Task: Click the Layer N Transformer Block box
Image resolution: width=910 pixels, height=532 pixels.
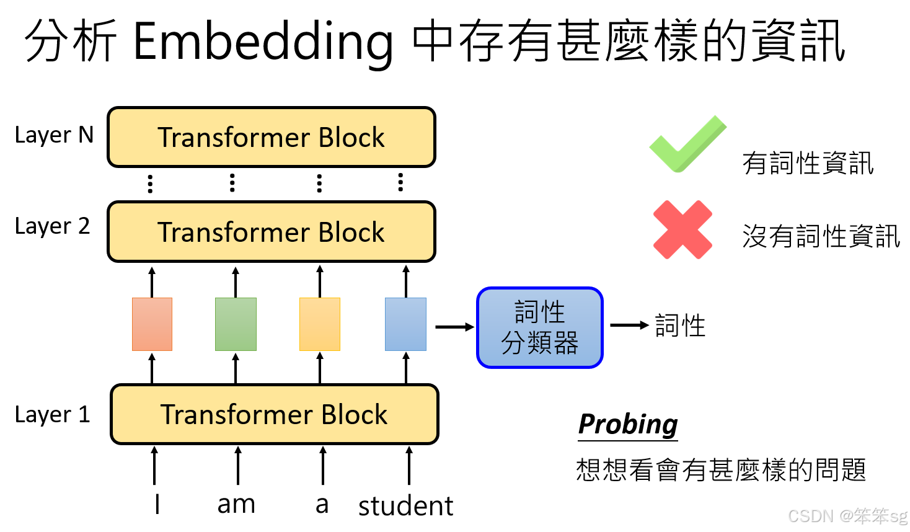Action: pyautogui.click(x=272, y=137)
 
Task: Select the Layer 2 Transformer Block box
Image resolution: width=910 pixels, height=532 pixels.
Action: pyautogui.click(x=272, y=232)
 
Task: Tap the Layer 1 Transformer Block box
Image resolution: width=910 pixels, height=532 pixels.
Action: pyautogui.click(x=274, y=414)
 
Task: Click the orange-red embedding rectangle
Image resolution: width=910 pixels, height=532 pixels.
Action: pyautogui.click(x=152, y=324)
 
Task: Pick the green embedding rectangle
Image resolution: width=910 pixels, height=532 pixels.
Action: pyautogui.click(x=236, y=324)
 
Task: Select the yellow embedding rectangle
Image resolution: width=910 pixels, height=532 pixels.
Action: pyautogui.click(x=320, y=324)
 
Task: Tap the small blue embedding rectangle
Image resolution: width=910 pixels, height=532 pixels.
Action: pyautogui.click(x=405, y=324)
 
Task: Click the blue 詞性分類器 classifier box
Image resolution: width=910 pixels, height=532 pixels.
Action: pyautogui.click(x=539, y=327)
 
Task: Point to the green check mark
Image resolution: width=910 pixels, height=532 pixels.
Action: pyautogui.click(x=687, y=144)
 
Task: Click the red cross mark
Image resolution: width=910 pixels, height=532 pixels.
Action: pyautogui.click(x=682, y=229)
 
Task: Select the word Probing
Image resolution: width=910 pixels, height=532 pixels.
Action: pyautogui.click(x=627, y=425)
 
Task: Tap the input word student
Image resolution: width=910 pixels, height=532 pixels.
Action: pyautogui.click(x=405, y=506)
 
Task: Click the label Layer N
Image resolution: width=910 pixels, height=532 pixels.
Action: pyautogui.click(x=54, y=135)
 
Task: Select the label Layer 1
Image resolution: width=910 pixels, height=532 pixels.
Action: pyautogui.click(x=53, y=415)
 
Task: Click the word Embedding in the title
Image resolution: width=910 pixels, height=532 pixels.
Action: pyautogui.click(x=263, y=42)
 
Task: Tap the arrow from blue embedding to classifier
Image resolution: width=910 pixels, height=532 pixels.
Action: pyautogui.click(x=454, y=327)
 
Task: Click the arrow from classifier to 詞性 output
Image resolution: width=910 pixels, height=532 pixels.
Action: pyautogui.click(x=629, y=325)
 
